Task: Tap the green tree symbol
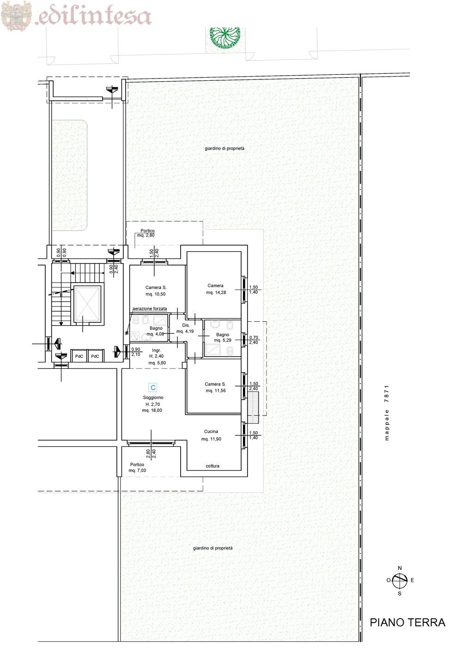coord(225,37)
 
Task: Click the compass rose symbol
coord(400,580)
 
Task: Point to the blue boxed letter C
coord(153,387)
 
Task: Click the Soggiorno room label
coord(153,398)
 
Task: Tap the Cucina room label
coord(211,431)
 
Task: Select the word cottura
coord(212,465)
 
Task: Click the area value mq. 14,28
coord(216,292)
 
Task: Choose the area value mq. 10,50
coord(155,294)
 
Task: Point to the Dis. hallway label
coord(186,325)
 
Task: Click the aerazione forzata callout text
coord(150,308)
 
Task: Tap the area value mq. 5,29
coord(223,340)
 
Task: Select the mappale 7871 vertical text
coord(387,413)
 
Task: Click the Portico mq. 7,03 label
coord(137,467)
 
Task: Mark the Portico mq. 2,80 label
coord(147,233)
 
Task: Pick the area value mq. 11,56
coord(216,391)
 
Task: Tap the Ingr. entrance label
coord(156,350)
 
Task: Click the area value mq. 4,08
coord(155,334)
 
